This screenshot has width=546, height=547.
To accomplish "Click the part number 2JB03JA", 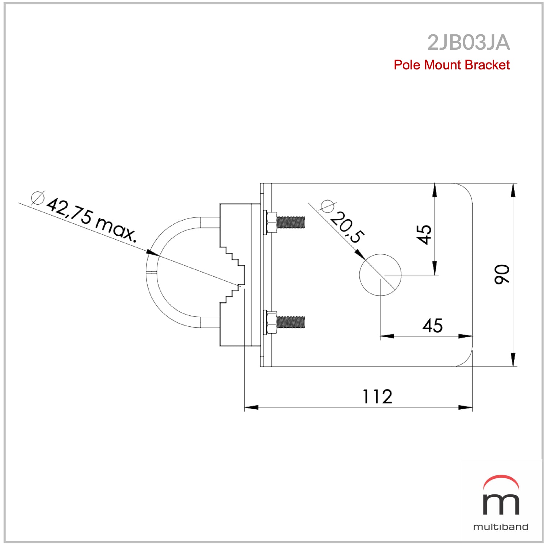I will pyautogui.click(x=468, y=43).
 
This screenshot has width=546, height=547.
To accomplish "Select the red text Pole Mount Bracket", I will pyautogui.click(x=451, y=65).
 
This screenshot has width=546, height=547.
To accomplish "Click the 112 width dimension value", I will pyautogui.click(x=377, y=397).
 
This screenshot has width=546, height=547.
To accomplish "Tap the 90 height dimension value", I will pyautogui.click(x=502, y=274).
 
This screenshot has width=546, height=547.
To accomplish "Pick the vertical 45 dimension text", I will pyautogui.click(x=424, y=234).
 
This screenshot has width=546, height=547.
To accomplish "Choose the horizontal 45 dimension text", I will pyautogui.click(x=432, y=326).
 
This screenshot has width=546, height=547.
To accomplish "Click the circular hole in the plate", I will pyautogui.click(x=380, y=275).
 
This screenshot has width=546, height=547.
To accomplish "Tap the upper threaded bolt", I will pyautogui.click(x=290, y=222).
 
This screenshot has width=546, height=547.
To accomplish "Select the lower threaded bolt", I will pyautogui.click(x=290, y=322).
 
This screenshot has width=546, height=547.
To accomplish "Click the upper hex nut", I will pyautogui.click(x=271, y=222).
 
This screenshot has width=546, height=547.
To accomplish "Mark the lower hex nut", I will pyautogui.click(x=271, y=322).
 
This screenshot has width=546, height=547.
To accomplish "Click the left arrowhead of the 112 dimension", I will pyautogui.click(x=251, y=407).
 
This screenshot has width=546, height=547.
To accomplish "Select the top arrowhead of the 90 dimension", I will pyautogui.click(x=513, y=190).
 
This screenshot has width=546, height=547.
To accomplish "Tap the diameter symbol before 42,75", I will pyautogui.click(x=38, y=198).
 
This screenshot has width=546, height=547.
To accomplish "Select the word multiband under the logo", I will pyautogui.click(x=501, y=527).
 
